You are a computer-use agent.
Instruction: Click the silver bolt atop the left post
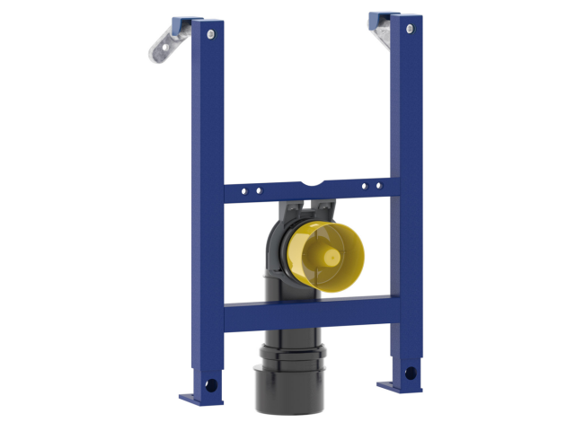pos(209,33)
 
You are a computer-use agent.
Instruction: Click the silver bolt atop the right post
pos(409,30)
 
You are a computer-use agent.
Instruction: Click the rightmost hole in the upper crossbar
pos(377,186)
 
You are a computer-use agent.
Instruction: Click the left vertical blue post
pos(201,135)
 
